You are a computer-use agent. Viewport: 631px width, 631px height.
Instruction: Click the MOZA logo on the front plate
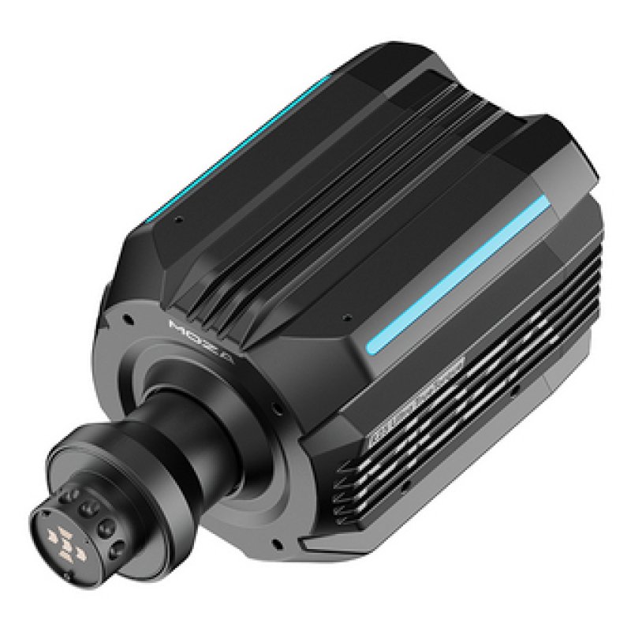pyautogui.click(x=190, y=340)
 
